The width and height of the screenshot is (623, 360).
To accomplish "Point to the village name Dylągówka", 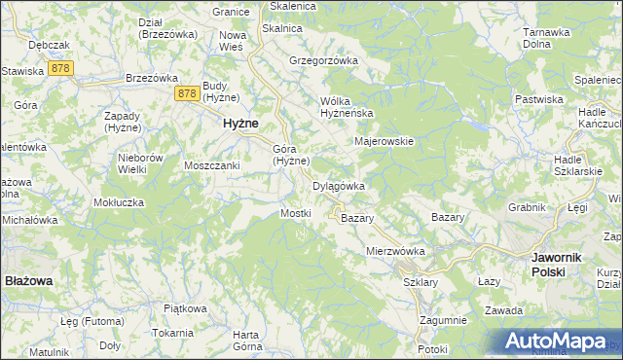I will point(338,186).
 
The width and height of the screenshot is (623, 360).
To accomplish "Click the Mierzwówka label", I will point(396,251).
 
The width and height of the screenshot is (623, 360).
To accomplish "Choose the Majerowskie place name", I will point(385,141).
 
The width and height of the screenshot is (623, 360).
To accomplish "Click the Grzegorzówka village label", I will point(324,60).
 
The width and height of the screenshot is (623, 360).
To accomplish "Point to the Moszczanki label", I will point(212,165).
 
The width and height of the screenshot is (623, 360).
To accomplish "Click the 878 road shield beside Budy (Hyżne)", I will point(189,93).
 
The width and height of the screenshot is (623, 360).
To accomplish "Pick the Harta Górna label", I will point(247,341).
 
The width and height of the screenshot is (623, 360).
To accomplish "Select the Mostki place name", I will point(295,213).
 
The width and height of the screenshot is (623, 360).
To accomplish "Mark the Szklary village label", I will point(421,282).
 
